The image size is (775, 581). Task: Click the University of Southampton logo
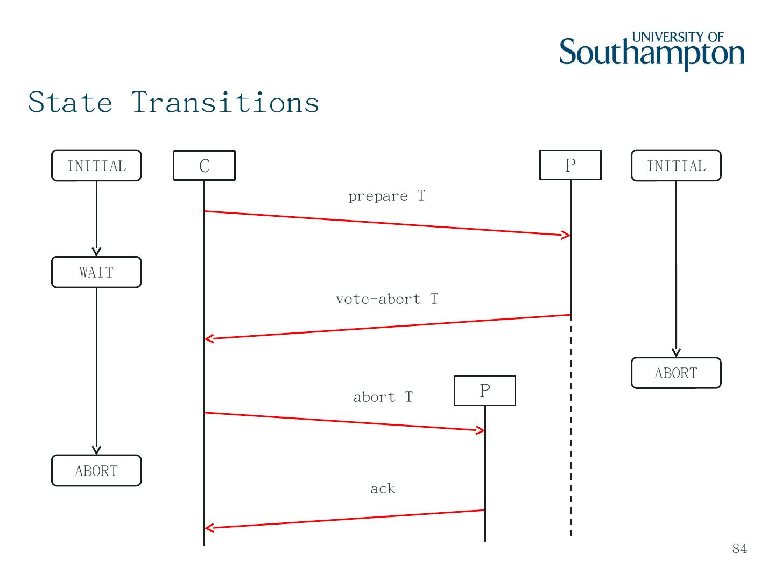coord(652,51)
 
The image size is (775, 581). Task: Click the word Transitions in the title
coord(226,102)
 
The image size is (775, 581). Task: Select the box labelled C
coord(204,165)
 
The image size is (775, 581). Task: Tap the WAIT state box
coord(96,272)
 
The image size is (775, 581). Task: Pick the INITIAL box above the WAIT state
coord(96,166)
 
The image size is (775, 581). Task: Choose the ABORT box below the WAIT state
coord(96,471)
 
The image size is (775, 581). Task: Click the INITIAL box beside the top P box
coord(676,166)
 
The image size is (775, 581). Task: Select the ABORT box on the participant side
coord(676,373)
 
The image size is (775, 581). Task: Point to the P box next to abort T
coord(485,391)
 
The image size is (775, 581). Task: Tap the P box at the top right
coord(570,165)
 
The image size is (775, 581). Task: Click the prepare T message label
coord(386,196)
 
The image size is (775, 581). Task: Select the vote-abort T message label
coord(387,299)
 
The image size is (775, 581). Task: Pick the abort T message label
coord(383,397)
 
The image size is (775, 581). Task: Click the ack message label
coord(383,488)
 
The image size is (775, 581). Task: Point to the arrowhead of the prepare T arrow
coord(567,235)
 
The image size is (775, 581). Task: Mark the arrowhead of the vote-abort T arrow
coord(209,338)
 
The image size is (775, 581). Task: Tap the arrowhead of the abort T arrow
coord(481,430)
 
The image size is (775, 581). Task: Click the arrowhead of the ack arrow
coord(209,528)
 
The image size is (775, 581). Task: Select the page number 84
coord(739,549)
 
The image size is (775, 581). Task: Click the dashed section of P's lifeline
coord(570,430)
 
